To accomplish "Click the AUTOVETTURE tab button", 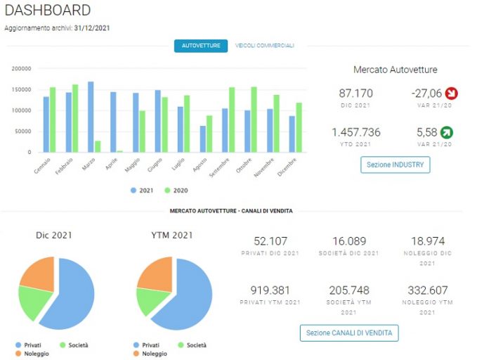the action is [201, 46].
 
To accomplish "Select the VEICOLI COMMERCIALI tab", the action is [265, 46].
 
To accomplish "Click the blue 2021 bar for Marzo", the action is [91, 117].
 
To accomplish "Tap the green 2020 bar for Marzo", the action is [98, 146].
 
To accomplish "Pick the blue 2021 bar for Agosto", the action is [202, 139].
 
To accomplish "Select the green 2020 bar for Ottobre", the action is [254, 120].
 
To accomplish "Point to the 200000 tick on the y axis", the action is [21, 68].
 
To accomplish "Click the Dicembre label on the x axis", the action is [287, 167].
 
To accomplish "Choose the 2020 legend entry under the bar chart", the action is [176, 191].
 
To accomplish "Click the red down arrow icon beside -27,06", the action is [452, 94].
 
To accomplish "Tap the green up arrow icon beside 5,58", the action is [447, 132].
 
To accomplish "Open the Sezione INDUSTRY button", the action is [396, 165].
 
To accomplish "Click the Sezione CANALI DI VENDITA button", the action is [349, 333].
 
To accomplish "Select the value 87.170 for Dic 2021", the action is [356, 94].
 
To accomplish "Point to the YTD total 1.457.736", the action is [356, 132].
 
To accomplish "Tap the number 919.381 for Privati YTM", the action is [270, 290].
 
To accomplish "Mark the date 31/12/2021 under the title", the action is [92, 28].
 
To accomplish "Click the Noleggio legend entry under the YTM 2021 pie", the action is [150, 354].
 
